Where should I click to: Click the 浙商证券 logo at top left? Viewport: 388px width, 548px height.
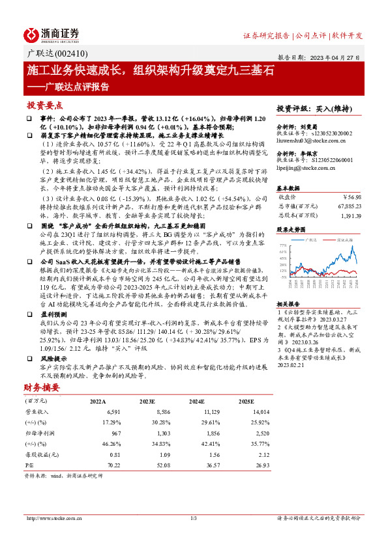[x=52, y=34]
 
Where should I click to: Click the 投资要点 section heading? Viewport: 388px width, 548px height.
[x=44, y=104]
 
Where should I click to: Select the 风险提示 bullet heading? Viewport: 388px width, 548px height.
[x=54, y=358]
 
